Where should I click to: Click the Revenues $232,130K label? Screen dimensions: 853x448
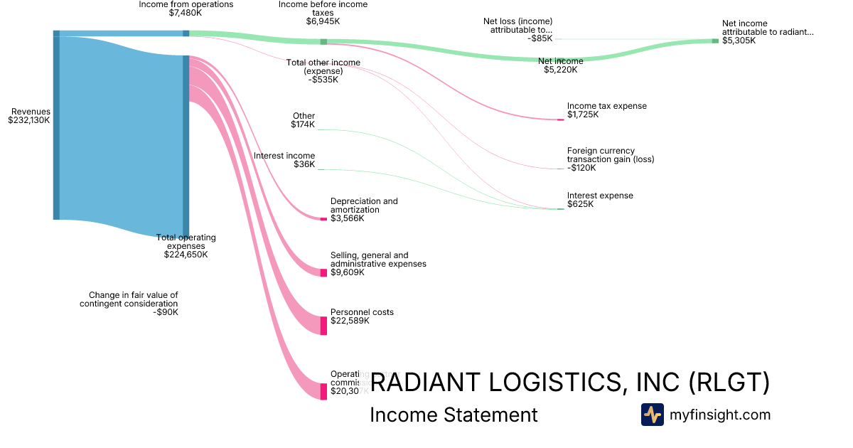point(30,116)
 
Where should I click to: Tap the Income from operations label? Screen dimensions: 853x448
point(186,9)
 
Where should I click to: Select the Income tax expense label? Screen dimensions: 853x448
point(606,110)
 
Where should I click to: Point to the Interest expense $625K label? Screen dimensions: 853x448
point(599,200)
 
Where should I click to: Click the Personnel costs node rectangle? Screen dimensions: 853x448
point(323,326)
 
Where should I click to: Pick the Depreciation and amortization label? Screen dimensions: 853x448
point(364,210)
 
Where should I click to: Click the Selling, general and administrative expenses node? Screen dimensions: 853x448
point(323,273)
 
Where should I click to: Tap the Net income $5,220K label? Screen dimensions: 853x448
point(561,65)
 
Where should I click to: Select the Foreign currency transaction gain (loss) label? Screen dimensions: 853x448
point(610,159)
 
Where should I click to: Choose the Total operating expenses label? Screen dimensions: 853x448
point(186,245)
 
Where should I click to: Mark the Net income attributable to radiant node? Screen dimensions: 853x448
point(715,41)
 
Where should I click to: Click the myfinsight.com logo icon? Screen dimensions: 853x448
point(652,415)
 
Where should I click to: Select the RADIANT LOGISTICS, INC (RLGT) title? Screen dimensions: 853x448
point(570,383)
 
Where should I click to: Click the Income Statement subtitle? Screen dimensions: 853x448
point(454,415)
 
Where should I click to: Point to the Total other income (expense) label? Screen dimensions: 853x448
point(323,71)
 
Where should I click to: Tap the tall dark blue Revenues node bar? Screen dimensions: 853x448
point(56,125)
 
